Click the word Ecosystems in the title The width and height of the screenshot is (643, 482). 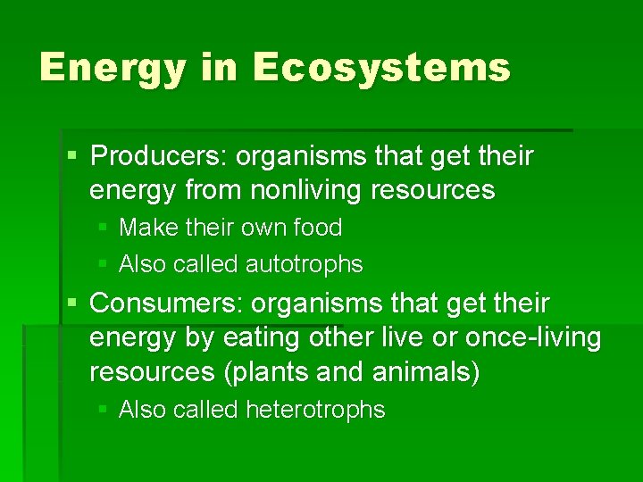click(381, 68)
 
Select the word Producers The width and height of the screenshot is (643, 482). click(158, 156)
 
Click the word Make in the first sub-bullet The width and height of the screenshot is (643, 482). click(146, 228)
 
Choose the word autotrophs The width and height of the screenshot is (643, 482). click(305, 264)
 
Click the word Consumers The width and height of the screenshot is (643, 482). click(166, 303)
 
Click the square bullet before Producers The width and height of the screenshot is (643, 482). click(72, 157)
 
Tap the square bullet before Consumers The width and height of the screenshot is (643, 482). click(72, 304)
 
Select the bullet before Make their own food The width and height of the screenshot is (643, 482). click(103, 229)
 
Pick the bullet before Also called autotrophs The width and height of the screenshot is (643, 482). click(103, 265)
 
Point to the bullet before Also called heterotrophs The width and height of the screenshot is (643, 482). click(103, 411)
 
